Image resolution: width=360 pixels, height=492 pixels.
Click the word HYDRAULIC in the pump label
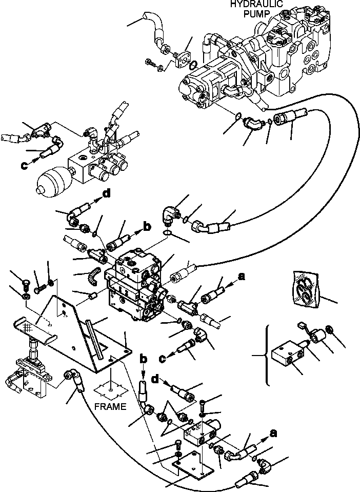pos(256,4)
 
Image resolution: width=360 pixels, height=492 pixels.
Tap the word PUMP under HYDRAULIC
pos(257,14)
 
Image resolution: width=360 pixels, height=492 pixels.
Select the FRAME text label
pos(110,407)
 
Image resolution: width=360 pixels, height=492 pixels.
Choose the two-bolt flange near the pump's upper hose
pos(183,60)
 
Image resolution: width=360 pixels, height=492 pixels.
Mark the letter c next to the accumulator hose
pos(24,165)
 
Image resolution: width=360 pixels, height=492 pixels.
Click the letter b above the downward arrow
pos(143,358)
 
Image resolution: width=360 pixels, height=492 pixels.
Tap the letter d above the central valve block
pos(107,194)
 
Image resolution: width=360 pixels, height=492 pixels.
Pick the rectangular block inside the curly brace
pos(289,355)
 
